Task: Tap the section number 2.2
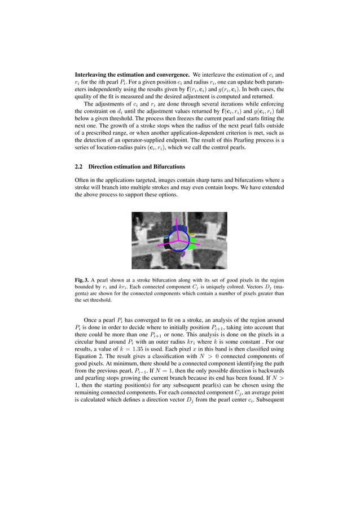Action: tap(80, 167)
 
